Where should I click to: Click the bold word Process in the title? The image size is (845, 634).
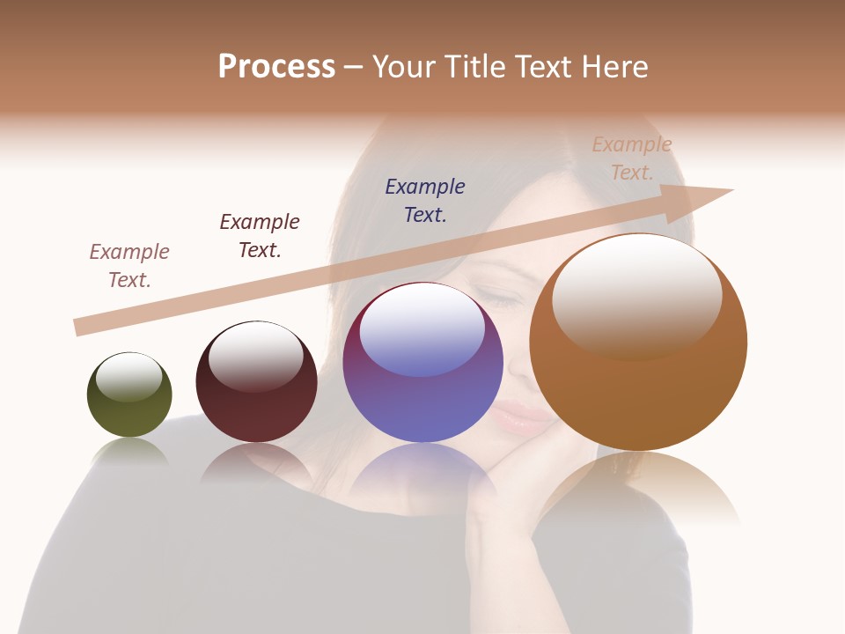(276, 67)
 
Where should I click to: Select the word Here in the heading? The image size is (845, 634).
(616, 67)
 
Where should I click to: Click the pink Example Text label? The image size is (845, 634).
(129, 266)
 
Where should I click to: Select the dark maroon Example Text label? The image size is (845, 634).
(260, 236)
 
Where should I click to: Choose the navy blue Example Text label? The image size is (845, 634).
(425, 201)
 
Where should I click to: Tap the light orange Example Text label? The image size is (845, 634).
(632, 158)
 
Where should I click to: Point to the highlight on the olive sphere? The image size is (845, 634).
(129, 377)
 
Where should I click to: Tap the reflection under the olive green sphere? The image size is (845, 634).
(130, 452)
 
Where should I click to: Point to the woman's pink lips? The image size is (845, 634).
(521, 417)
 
